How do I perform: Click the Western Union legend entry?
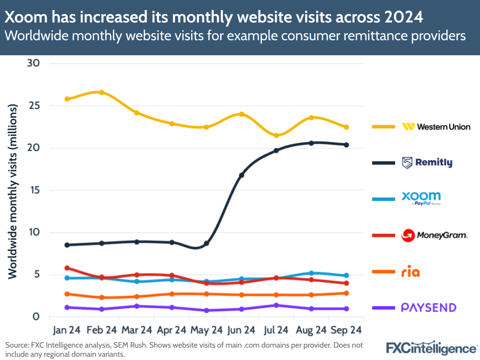tap(436, 127)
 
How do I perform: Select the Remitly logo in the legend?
tap(427, 163)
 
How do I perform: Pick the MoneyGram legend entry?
tap(434, 236)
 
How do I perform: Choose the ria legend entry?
tap(410, 273)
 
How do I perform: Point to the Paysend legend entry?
tap(428, 308)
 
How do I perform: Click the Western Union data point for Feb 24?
tap(102, 92)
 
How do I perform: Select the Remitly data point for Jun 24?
tap(242, 175)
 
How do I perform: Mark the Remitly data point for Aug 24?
tap(311, 143)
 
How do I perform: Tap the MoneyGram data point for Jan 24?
tap(67, 268)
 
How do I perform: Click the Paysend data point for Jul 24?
tap(276, 305)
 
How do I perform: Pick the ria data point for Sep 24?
tap(346, 293)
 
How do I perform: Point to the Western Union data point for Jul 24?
tap(276, 136)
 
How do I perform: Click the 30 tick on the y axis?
tap(33, 63)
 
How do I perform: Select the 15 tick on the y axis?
tap(33, 190)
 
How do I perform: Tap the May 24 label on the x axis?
tap(207, 330)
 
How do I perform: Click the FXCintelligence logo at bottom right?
tap(432, 348)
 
